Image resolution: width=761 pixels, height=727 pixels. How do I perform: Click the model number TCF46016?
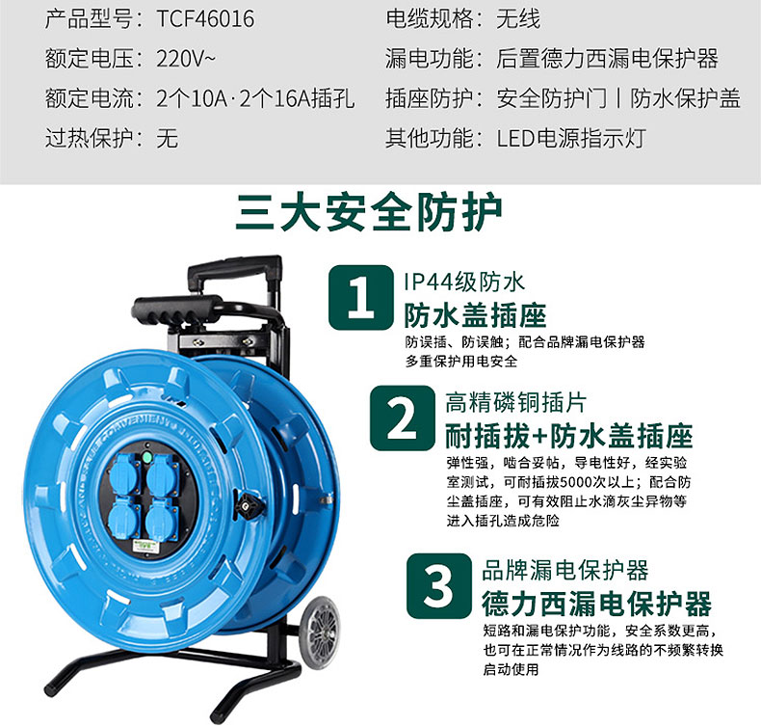[x=205, y=19]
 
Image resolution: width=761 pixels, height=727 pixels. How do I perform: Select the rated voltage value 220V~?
[x=185, y=59]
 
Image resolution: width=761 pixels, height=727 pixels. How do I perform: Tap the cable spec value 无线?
[x=518, y=19]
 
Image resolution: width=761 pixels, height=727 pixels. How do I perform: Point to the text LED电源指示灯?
[x=571, y=139]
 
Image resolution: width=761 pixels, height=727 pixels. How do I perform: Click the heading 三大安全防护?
[x=369, y=212]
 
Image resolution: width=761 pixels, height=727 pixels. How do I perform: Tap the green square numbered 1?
[x=360, y=298]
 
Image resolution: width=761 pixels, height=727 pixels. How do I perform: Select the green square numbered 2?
[x=403, y=418]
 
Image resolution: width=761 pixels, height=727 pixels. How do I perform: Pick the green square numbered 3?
[x=439, y=586]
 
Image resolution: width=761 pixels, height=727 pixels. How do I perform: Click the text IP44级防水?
[x=464, y=283]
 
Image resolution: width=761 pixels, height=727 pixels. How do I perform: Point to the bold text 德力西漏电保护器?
[x=596, y=604]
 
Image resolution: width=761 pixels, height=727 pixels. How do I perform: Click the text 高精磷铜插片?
[x=516, y=403]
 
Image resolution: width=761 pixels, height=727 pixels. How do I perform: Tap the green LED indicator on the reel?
[x=146, y=457]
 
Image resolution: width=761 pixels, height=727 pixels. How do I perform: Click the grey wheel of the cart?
[x=320, y=633]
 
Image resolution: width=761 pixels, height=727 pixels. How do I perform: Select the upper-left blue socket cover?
[x=124, y=474]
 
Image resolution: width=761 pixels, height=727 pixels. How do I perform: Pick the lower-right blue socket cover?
[x=162, y=519]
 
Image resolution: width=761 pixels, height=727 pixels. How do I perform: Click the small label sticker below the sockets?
[x=145, y=547]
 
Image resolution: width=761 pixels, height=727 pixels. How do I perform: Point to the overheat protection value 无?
[x=167, y=139]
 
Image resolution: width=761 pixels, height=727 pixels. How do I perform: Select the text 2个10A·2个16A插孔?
[x=255, y=98]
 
